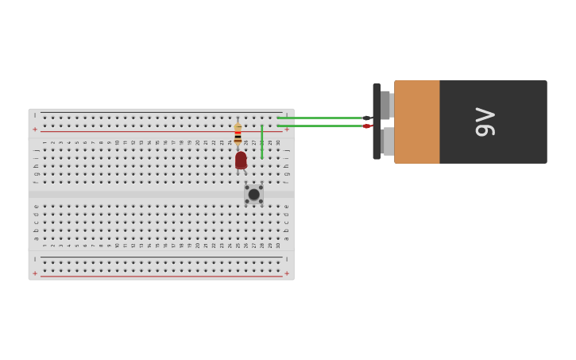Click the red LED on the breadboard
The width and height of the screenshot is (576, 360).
[x=241, y=160]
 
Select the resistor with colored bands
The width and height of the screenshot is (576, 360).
[x=238, y=132]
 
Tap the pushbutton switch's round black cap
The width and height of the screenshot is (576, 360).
[x=253, y=195]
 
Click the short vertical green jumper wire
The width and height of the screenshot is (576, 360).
[x=262, y=141]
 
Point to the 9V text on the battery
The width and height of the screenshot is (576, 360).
[x=485, y=122]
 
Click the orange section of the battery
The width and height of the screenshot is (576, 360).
[x=416, y=122]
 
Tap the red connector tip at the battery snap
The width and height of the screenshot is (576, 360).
[x=367, y=126]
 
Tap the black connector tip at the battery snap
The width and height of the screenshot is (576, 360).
[x=367, y=118]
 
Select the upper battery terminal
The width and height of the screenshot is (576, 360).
[x=386, y=105]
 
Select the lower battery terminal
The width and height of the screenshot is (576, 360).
[x=386, y=141]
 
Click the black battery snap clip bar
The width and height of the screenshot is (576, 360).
[x=377, y=122]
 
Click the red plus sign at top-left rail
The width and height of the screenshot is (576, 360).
[x=35, y=129]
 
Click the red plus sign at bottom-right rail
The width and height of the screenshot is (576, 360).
[x=287, y=273]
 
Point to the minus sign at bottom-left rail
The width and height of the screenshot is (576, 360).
[x=35, y=259]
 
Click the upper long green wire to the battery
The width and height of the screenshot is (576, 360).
[x=322, y=118]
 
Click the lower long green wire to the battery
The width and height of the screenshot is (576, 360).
[x=322, y=126]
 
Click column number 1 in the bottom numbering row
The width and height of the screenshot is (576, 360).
[x=44, y=245]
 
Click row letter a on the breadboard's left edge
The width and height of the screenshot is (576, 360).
[x=36, y=238]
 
